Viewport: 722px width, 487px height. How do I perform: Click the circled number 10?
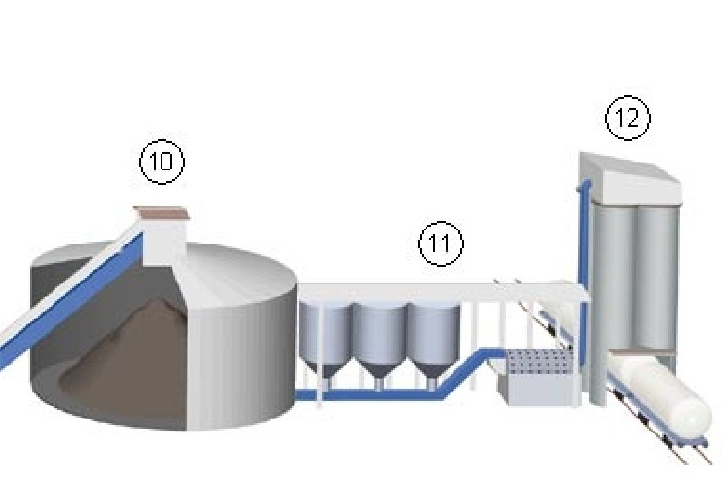pos(162,162)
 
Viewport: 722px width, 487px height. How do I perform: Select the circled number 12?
pos(628,119)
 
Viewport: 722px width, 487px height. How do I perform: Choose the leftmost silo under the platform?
pos(324,336)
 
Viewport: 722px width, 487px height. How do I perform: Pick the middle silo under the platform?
pos(379,336)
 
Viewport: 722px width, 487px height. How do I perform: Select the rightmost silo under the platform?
pos(432,336)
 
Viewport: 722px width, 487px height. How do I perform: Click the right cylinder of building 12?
pos(658,273)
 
